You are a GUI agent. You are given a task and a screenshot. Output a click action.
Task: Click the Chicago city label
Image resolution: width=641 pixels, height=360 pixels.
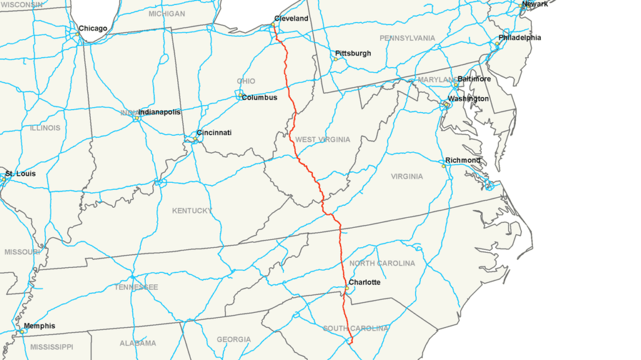coord(93,28)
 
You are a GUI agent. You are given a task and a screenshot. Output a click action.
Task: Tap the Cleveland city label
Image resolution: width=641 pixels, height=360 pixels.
coord(291,19)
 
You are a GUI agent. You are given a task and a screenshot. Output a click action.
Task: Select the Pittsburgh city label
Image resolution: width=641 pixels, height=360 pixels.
coord(352,53)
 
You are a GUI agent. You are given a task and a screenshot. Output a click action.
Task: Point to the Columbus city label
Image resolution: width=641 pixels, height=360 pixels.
coord(259,98)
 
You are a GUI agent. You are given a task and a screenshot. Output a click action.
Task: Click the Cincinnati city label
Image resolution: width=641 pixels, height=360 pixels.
coord(214,133)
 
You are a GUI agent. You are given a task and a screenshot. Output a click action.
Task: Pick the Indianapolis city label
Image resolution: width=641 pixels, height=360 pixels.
coord(159,112)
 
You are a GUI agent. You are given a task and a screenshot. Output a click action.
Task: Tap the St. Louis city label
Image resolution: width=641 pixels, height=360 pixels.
coord(20,173)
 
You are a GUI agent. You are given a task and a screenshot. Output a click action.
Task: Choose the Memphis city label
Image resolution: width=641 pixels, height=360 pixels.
coord(39,326)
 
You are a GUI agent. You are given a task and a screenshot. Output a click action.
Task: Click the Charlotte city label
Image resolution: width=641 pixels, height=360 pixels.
coord(364,282)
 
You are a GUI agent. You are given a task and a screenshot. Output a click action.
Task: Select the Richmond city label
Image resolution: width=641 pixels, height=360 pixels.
coord(463,160)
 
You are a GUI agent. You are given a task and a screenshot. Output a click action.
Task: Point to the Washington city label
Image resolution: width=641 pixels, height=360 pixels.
coord(468,99)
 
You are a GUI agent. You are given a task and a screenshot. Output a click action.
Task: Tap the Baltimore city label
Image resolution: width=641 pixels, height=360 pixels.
coord(474,80)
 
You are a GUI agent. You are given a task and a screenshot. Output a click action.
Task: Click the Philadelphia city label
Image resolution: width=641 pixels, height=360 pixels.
coord(520,38)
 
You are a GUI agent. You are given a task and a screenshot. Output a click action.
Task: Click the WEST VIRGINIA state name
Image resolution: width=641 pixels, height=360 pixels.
coord(322,140)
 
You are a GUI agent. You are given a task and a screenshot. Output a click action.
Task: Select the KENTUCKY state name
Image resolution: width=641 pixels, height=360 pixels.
coord(192,211)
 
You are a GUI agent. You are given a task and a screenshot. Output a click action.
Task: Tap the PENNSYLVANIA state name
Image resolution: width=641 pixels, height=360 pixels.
coord(407,38)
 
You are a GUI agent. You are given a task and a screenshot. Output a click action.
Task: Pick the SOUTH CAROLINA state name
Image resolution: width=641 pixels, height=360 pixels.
coord(355,329)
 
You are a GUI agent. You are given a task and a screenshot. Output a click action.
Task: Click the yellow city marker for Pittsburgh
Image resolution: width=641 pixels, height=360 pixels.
coord(335,59)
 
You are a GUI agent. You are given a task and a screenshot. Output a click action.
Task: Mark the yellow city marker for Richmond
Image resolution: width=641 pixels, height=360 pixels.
coord(443,166)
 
